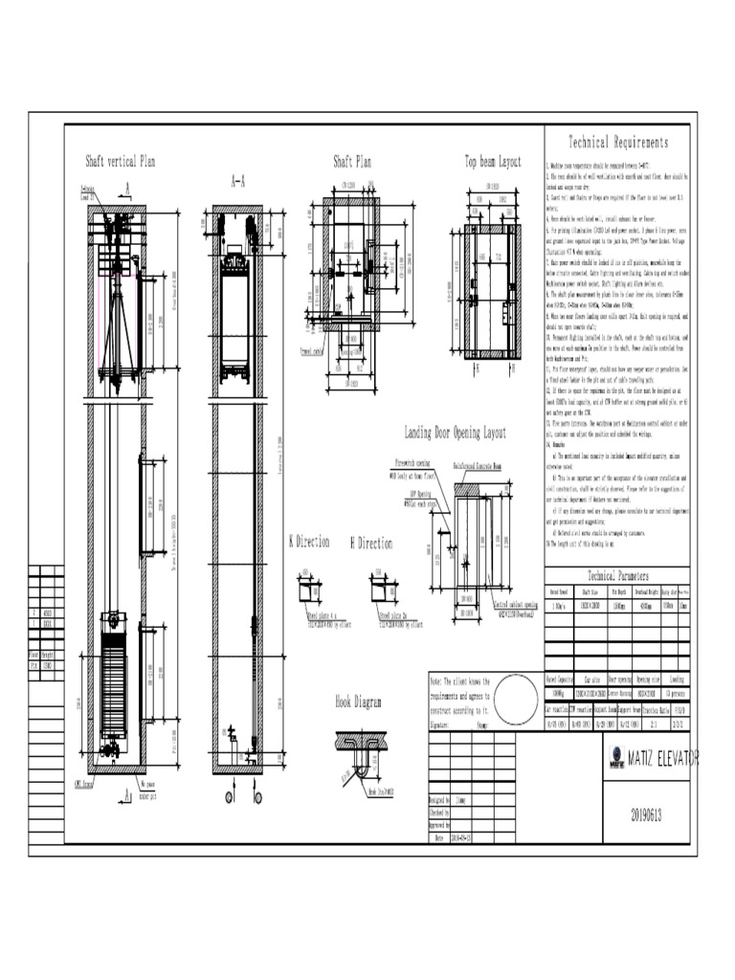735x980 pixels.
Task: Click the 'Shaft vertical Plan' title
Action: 121,161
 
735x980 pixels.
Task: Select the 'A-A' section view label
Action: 237,180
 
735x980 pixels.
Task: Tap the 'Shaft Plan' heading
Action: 351,161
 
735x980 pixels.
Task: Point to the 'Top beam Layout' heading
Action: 493,161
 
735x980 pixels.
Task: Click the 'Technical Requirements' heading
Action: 618,143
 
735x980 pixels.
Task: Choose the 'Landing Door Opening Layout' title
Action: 455,433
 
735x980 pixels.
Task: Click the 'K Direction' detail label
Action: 309,542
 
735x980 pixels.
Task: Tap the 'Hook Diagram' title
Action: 358,702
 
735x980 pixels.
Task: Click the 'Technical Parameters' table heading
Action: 617,575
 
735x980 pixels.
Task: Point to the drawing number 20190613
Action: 646,815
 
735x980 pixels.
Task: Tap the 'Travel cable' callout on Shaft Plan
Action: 312,350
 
